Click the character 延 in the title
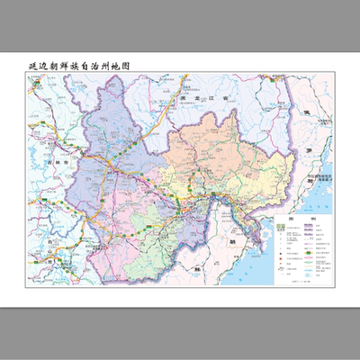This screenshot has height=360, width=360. [34, 67]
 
